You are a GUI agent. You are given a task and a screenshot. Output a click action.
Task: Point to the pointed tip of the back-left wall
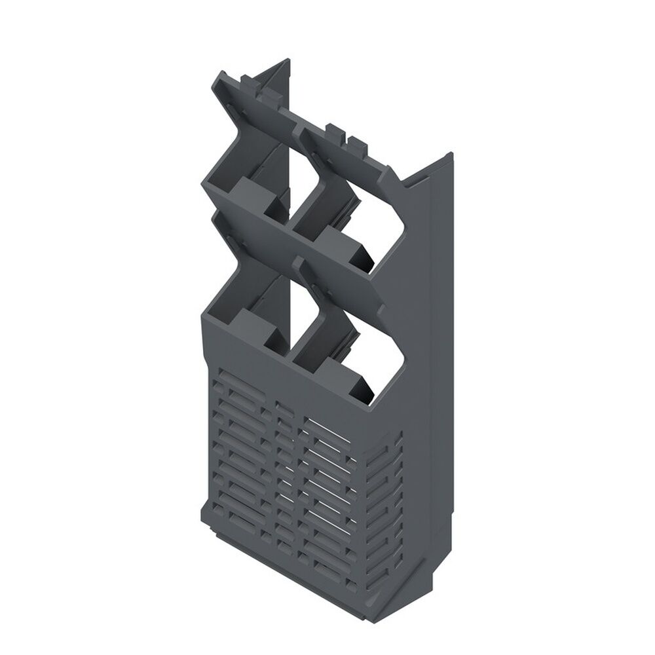point(286,62)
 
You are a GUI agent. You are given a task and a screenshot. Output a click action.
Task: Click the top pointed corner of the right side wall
point(449,155)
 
